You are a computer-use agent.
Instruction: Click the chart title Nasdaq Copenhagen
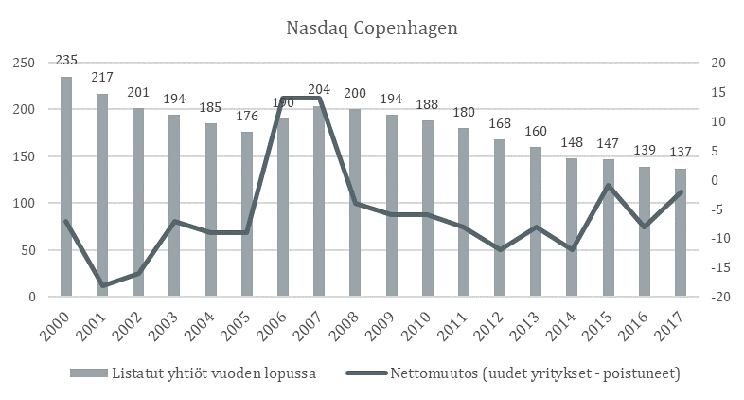[x=371, y=28]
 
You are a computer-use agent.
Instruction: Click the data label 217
[x=102, y=76]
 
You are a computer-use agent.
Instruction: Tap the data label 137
[x=680, y=154]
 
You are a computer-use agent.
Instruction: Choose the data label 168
[x=499, y=124]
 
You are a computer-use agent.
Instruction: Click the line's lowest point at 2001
[x=102, y=285]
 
